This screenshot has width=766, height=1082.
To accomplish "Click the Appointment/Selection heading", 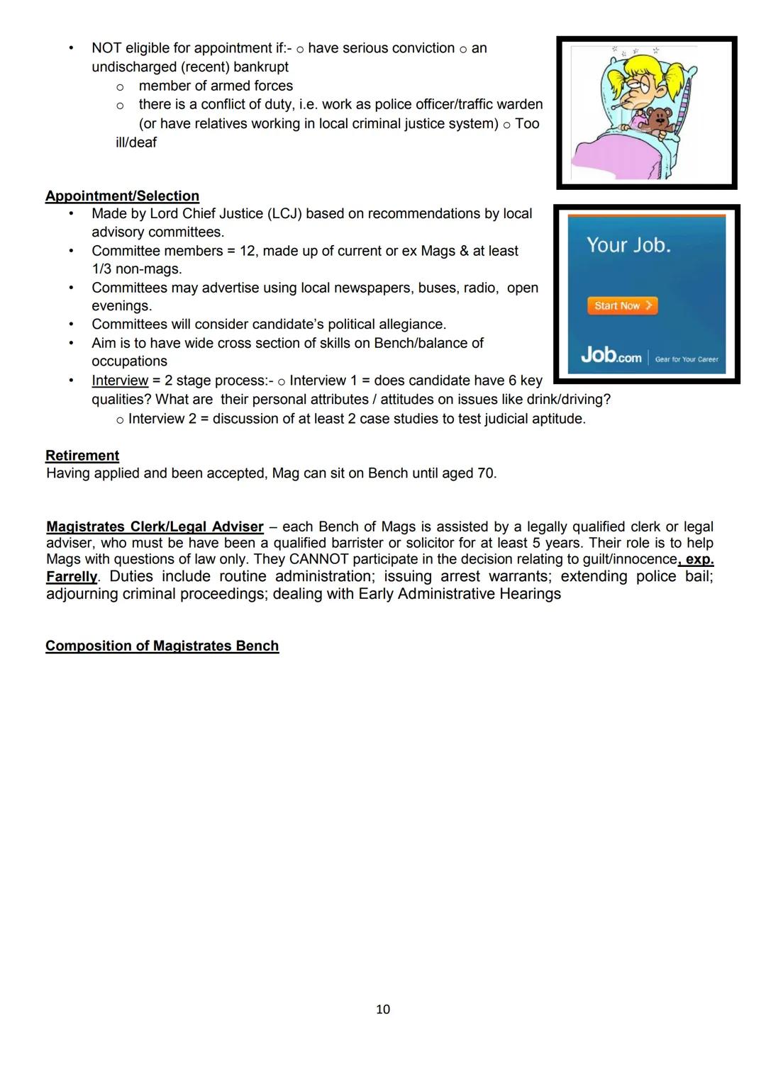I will (122, 196).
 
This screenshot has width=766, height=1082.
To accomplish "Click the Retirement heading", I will (82, 455).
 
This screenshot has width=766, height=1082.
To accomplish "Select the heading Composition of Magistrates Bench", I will (162, 646).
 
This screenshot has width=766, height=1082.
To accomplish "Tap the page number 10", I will (383, 1009).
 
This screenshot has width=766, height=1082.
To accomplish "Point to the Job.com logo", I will (611, 355).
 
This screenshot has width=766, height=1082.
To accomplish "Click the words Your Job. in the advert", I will (628, 245).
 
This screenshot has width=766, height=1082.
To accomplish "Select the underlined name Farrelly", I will (72, 576).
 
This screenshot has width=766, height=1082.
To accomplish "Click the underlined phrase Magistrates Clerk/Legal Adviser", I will (155, 526).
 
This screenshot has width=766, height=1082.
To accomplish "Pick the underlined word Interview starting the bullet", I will (120, 381).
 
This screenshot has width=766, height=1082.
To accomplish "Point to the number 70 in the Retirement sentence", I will (486, 473).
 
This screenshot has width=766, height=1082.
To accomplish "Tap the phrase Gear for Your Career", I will (687, 359).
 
